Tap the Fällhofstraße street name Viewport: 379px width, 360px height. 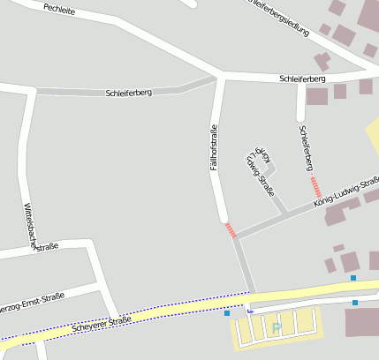pyautogui.click(x=213, y=150)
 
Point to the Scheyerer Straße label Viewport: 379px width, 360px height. pyautogui.click(x=102, y=324)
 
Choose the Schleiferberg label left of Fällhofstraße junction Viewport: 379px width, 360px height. pyautogui.click(x=128, y=92)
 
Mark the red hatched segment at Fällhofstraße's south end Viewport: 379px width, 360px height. pyautogui.click(x=231, y=230)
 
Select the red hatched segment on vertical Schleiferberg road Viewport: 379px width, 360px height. pyautogui.click(x=316, y=187)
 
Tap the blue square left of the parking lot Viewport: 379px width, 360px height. pyautogui.click(x=227, y=312)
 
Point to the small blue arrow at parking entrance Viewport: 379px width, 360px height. pyautogui.click(x=249, y=310)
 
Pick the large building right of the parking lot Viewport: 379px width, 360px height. pyautogui.click(x=362, y=321)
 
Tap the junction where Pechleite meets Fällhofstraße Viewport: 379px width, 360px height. pyautogui.click(x=218, y=77)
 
